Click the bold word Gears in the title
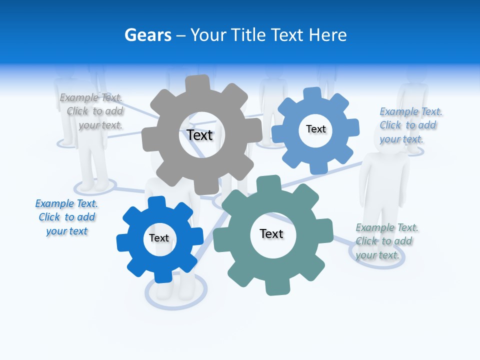point(147,35)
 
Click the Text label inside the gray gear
point(199,135)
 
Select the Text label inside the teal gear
point(271,233)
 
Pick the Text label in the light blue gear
point(316,129)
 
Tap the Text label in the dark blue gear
point(159,238)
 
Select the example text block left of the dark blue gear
point(66,217)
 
